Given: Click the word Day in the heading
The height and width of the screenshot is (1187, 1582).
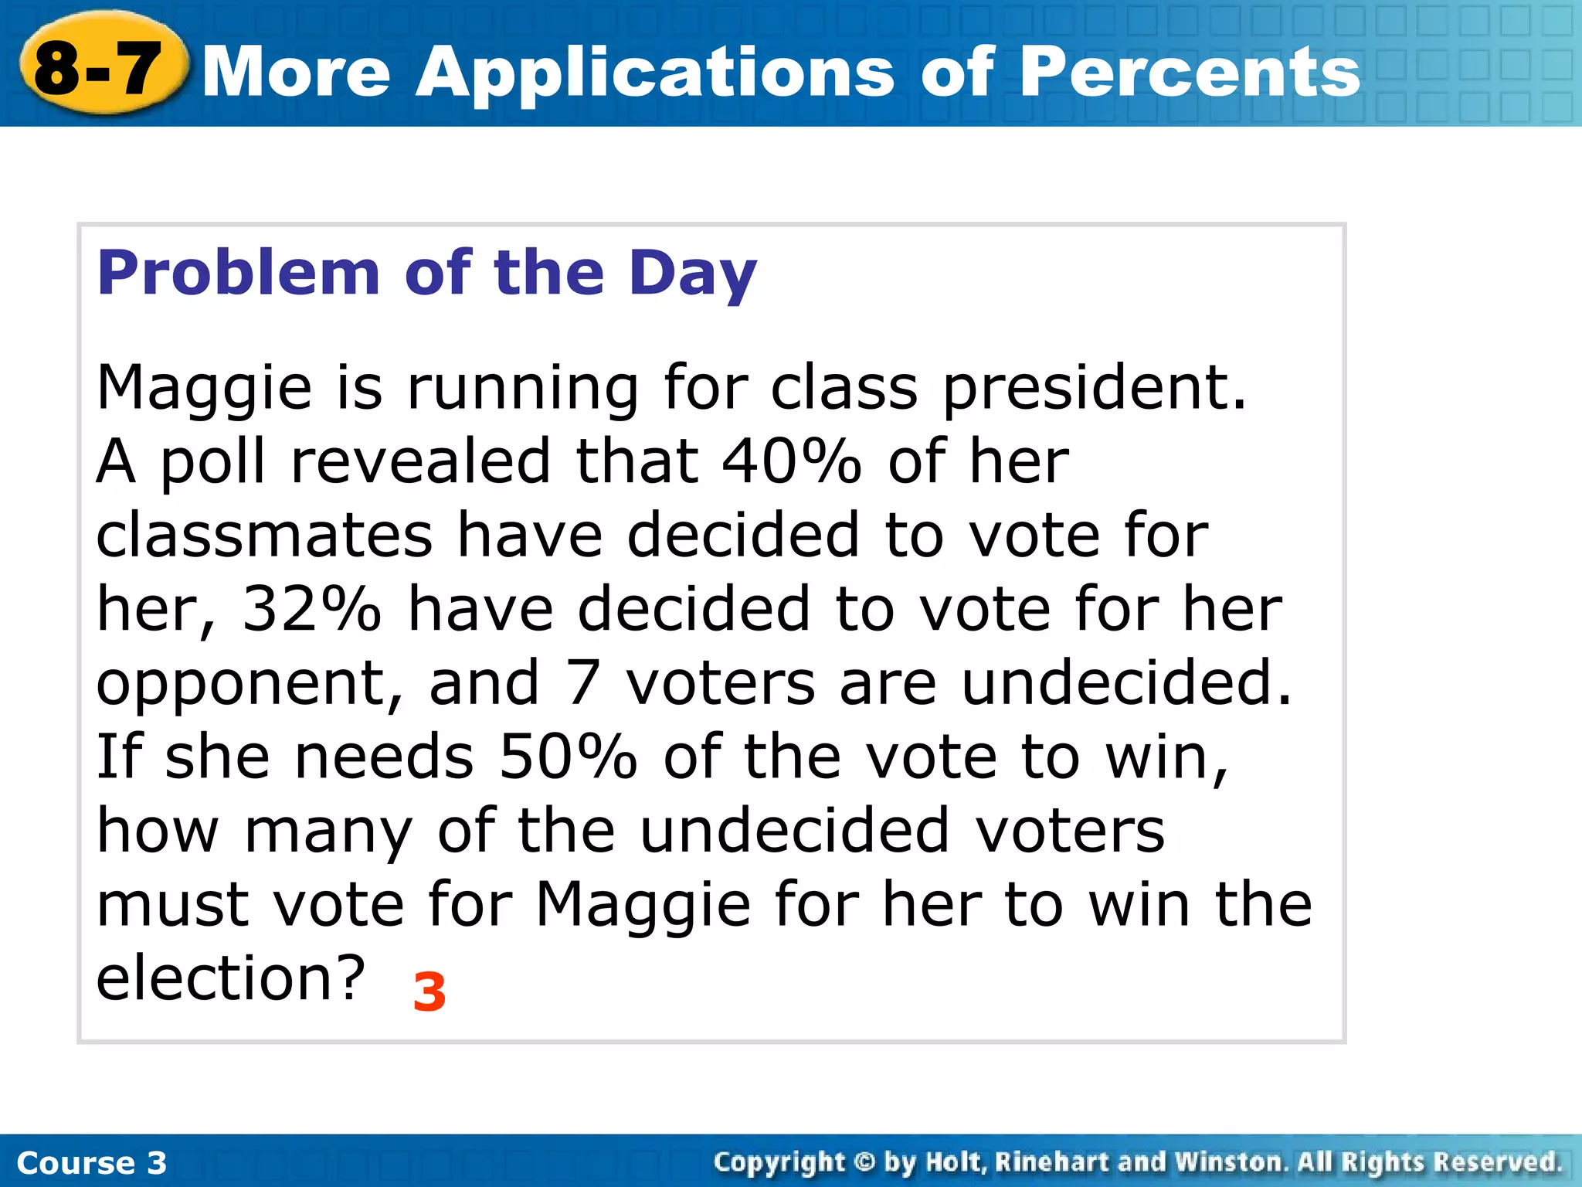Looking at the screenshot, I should click(692, 274).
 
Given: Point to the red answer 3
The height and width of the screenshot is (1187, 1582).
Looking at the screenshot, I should click(429, 992).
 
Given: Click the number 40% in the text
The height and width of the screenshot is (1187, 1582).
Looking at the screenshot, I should click(791, 461).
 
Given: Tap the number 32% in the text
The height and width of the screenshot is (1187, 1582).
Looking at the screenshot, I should click(311, 609).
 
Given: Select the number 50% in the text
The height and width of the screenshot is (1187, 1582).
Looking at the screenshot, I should click(568, 757).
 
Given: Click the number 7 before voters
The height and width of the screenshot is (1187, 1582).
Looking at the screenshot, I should click(583, 683).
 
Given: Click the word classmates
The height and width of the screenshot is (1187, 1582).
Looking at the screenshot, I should click(264, 535).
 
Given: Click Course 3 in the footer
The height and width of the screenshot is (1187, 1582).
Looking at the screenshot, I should click(91, 1163).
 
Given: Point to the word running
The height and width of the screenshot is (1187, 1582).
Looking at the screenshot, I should click(522, 389).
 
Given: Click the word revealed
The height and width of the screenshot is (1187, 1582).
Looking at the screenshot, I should click(420, 461).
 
